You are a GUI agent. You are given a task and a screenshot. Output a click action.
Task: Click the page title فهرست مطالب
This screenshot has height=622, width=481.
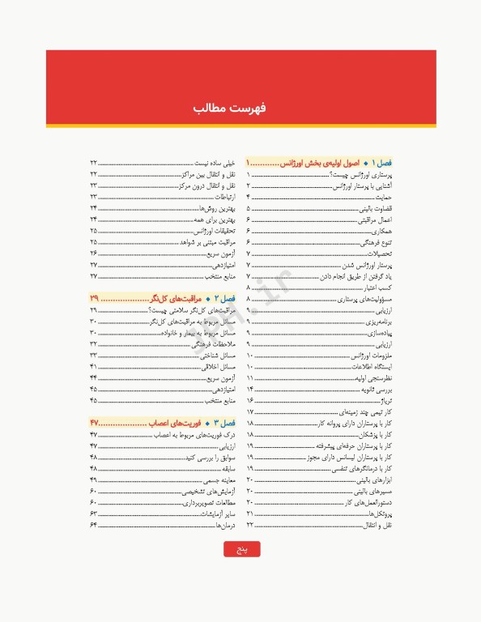click(x=240, y=108)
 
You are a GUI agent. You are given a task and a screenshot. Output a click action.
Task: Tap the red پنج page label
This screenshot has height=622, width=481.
click(x=241, y=550)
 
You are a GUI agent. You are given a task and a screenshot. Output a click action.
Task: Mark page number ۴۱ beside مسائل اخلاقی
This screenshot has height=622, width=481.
click(x=94, y=366)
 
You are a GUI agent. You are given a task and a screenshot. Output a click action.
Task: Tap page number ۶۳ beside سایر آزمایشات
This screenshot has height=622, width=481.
click(x=94, y=513)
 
